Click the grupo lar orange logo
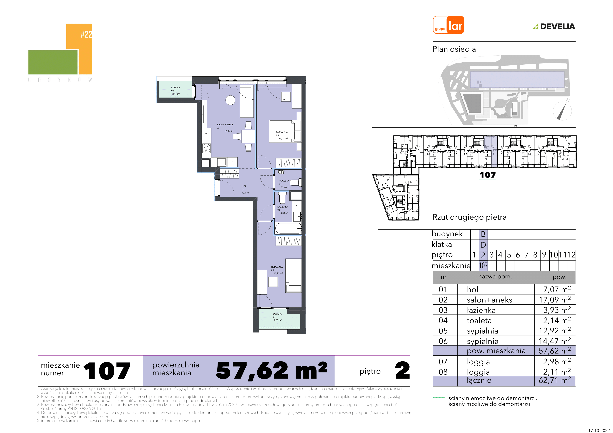pos(448,25)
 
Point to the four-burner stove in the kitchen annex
pos(206,148)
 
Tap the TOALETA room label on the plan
pos(284,181)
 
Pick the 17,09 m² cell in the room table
pos(554,300)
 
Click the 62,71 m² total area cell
pos(554,380)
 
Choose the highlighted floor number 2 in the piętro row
pos(483,255)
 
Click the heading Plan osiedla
pos(454,49)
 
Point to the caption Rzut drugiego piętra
pos(469,217)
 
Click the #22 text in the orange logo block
pos(86,34)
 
